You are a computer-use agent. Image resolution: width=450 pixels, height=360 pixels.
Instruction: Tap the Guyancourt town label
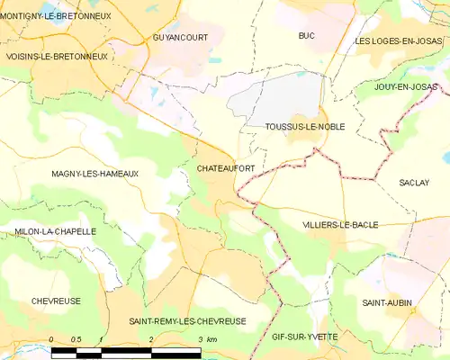(x=178, y=39)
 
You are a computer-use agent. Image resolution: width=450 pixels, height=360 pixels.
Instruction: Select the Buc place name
(x=306, y=35)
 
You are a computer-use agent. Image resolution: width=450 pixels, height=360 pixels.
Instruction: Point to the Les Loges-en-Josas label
(x=400, y=41)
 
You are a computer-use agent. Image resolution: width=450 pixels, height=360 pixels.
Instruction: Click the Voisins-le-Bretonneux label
(x=56, y=56)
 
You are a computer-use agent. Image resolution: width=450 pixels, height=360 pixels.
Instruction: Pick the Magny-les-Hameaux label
(x=94, y=174)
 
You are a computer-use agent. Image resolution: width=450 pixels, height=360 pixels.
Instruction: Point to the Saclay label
(x=414, y=183)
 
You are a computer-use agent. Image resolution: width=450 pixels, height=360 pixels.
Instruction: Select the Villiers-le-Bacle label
(x=340, y=224)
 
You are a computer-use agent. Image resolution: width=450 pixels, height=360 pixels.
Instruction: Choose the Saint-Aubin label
(x=389, y=303)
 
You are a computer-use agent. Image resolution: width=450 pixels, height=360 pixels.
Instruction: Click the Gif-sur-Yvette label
(x=304, y=337)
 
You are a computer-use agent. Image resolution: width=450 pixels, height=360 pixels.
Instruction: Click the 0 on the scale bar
(x=52, y=338)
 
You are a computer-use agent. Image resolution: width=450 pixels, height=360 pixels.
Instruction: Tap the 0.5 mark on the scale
(x=76, y=338)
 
